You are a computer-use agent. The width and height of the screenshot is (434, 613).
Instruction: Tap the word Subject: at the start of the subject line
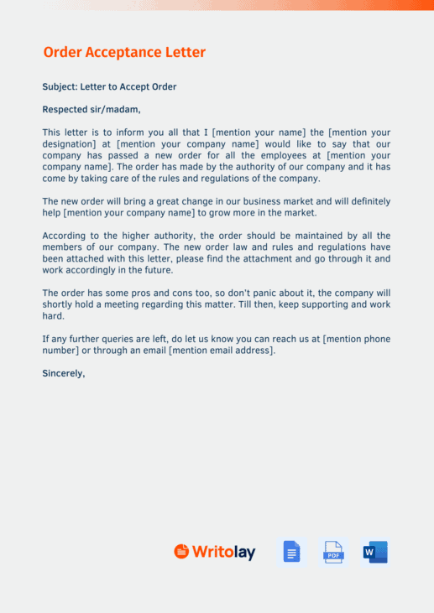(59, 86)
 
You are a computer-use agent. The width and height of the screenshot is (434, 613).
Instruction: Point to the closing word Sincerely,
(64, 373)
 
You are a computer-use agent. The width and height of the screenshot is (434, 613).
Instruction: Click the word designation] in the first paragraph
(71, 144)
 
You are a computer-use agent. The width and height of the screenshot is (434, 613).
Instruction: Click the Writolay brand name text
(223, 552)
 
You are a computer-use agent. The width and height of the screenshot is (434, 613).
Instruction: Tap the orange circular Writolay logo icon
(181, 551)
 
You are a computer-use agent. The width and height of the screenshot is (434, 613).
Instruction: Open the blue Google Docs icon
(291, 552)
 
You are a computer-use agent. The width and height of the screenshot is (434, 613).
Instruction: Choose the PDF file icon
(333, 552)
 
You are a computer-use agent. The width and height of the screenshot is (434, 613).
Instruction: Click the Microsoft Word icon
(374, 552)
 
